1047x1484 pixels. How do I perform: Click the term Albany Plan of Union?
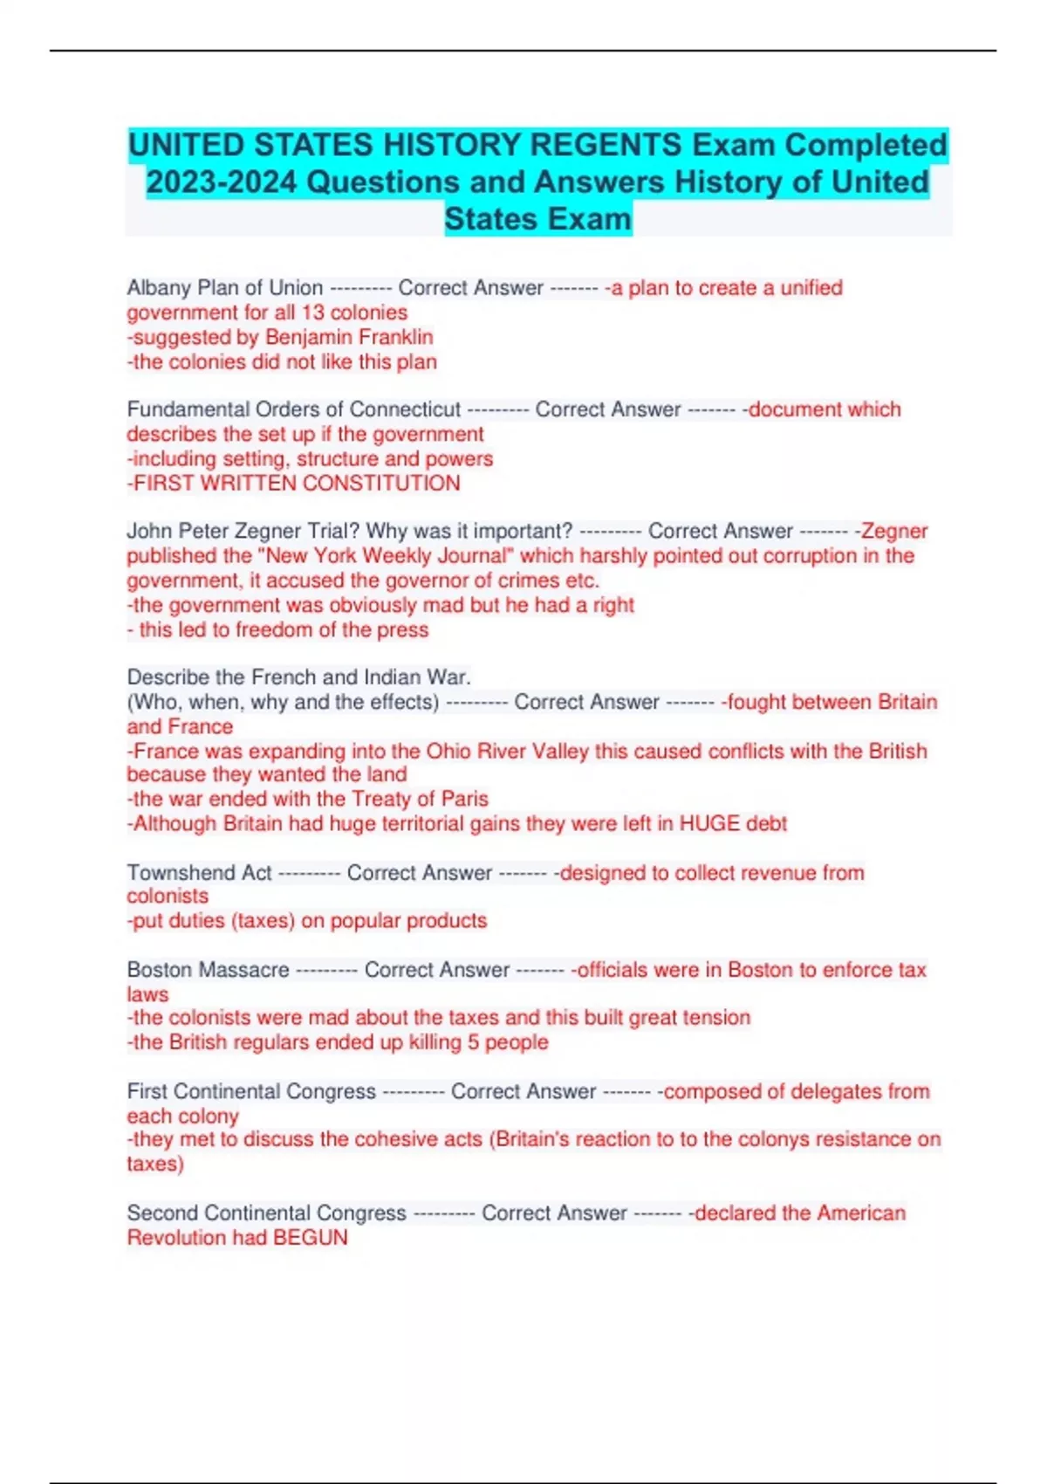224,288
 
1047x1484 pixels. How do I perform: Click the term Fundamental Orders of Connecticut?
293,409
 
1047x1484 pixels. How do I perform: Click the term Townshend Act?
199,873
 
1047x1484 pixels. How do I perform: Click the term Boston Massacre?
208,970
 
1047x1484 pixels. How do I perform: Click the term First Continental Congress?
251,1092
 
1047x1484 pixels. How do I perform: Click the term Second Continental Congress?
266,1213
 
